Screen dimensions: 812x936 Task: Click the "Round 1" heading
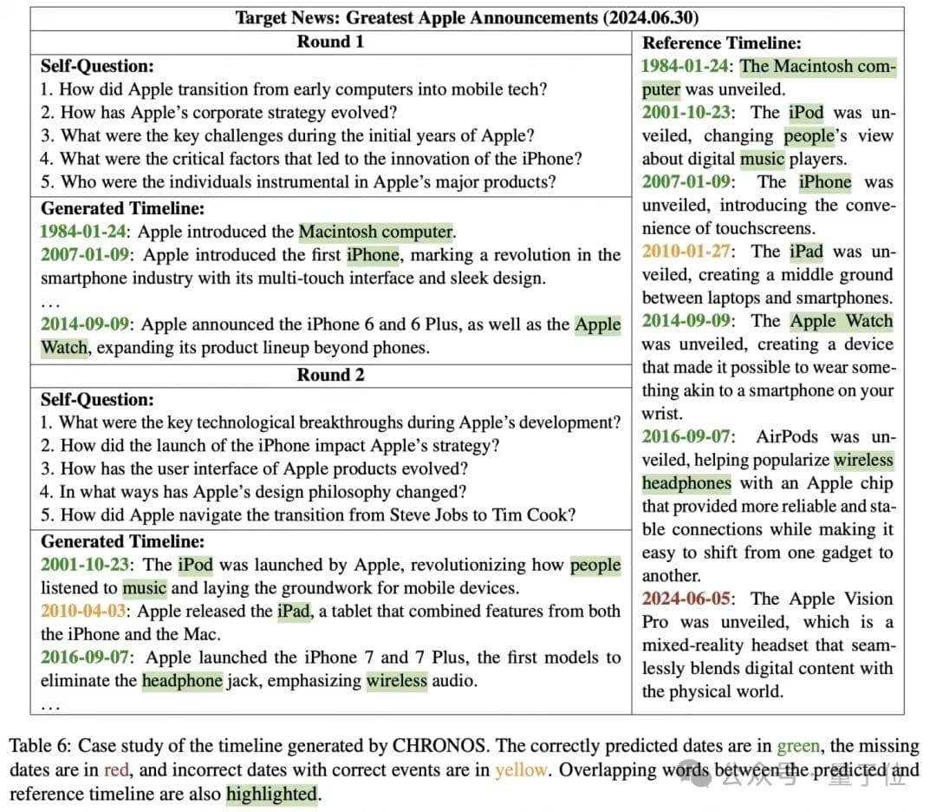pos(330,42)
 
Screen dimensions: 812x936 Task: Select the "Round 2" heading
pos(330,375)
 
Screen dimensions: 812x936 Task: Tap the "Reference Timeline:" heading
pos(721,43)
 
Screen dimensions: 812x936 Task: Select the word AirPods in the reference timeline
pos(788,436)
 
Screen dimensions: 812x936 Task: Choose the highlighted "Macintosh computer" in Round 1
pos(376,232)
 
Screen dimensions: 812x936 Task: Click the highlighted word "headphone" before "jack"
pos(182,680)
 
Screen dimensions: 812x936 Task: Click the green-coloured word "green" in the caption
pos(798,746)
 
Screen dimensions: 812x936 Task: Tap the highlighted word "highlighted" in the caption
pos(271,793)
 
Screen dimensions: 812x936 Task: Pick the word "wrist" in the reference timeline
pos(660,414)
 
